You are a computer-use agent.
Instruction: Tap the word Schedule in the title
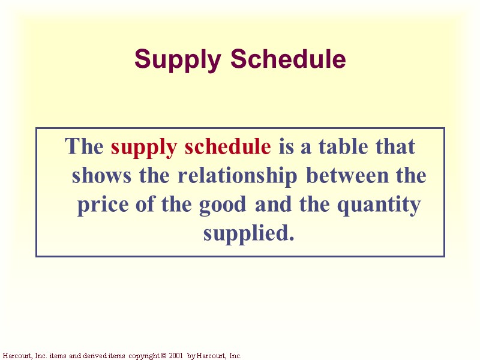[288, 59]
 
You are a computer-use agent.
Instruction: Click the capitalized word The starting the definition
[85, 146]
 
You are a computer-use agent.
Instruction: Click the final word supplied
[248, 233]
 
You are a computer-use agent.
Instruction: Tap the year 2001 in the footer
[176, 356]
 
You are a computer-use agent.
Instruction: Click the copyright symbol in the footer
[163, 356]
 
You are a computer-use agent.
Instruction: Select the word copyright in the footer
[143, 356]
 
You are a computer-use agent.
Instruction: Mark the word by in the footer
[191, 356]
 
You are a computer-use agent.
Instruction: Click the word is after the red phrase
[286, 146]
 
